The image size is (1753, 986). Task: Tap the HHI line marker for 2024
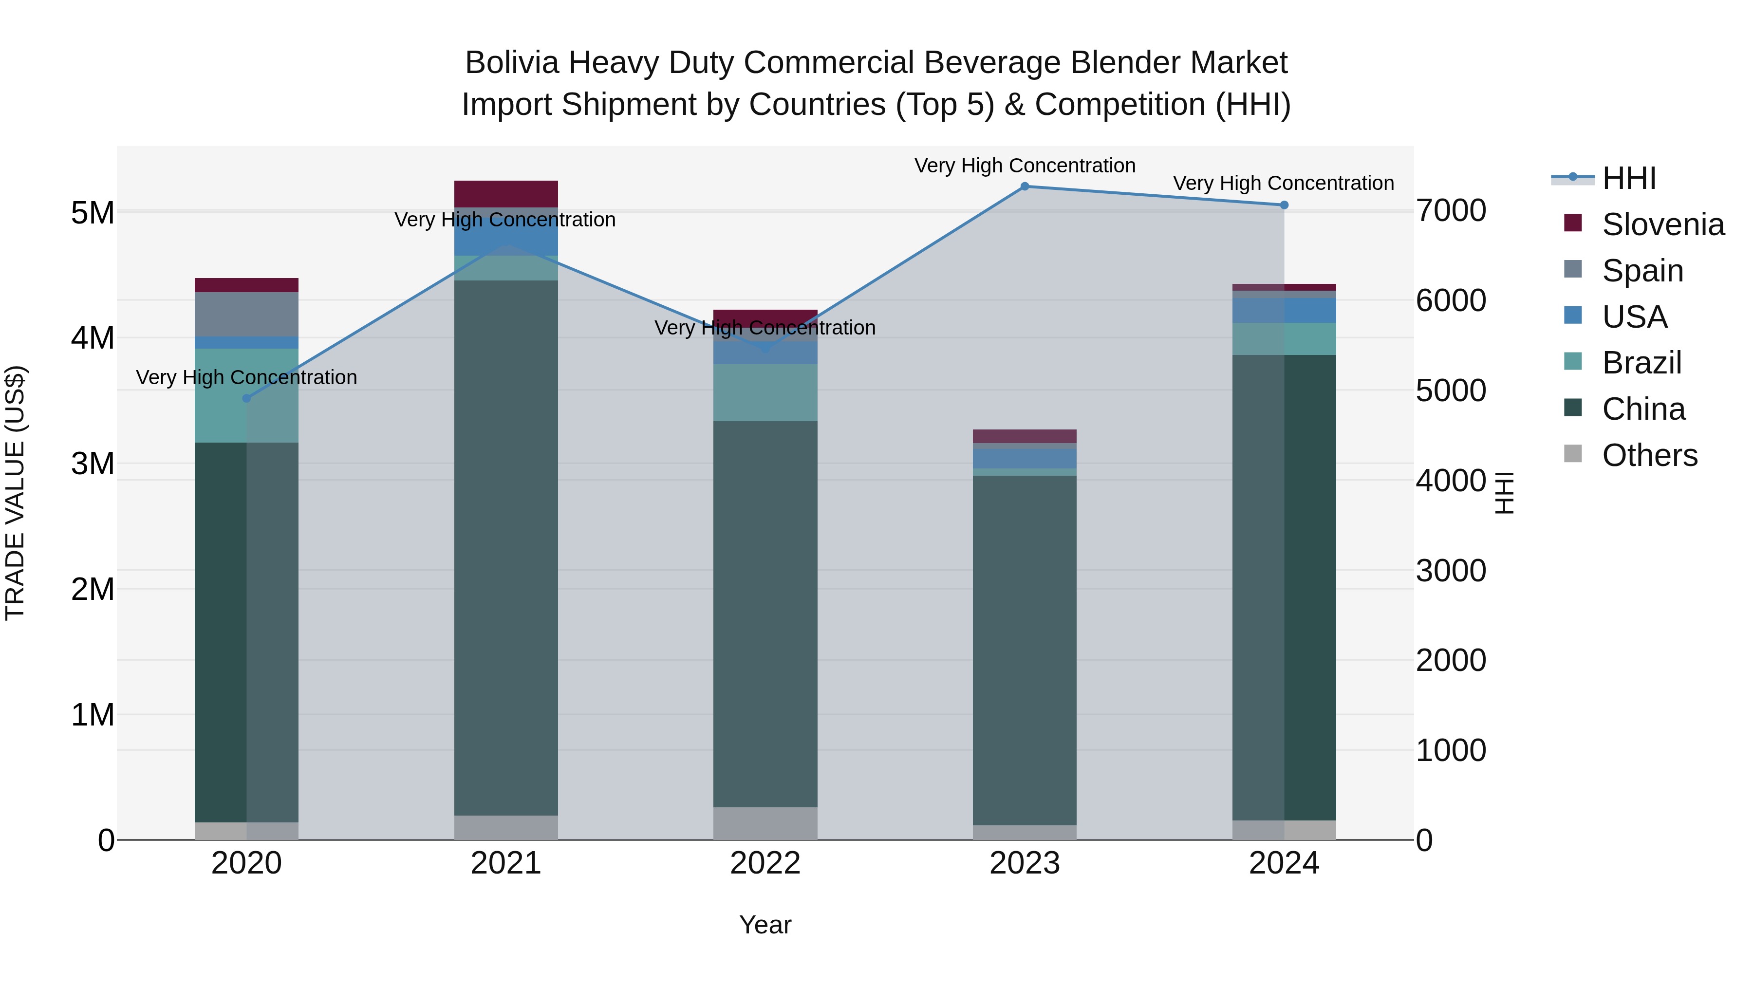(x=1284, y=205)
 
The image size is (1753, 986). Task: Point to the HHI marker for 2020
(x=246, y=399)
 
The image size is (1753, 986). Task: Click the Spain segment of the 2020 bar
(x=246, y=315)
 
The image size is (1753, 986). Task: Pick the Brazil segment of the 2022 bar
(x=765, y=392)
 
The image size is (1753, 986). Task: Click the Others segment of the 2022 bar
(x=765, y=823)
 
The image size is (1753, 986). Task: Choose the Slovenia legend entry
(x=1662, y=224)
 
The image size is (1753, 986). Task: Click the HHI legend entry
(x=1628, y=178)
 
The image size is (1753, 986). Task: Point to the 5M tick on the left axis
(x=93, y=213)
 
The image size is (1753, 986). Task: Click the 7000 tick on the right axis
(x=1451, y=210)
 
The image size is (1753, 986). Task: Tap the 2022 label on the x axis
(x=765, y=863)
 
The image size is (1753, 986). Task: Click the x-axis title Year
(x=765, y=925)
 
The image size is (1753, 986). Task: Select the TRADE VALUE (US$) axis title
(x=15, y=493)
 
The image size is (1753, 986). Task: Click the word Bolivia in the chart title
(x=512, y=63)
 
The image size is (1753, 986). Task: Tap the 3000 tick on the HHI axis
(x=1451, y=570)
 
